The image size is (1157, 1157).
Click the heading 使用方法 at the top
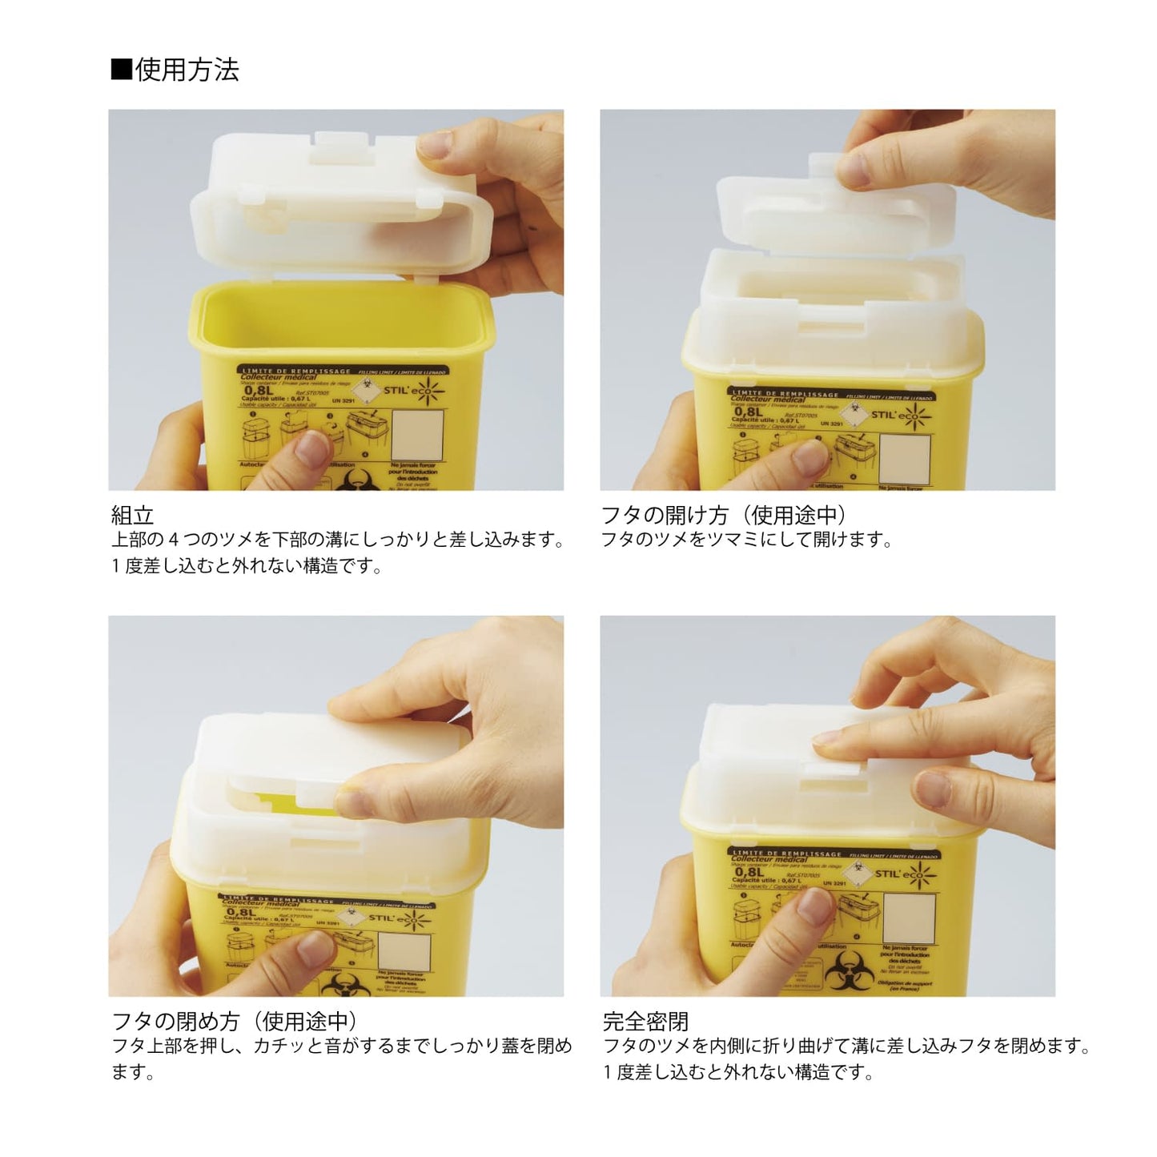(x=187, y=70)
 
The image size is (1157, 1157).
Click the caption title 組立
(x=132, y=515)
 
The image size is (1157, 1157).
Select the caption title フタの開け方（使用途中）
(x=724, y=515)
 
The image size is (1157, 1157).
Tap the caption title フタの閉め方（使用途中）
(x=234, y=1022)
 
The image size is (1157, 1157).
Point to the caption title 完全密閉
(x=645, y=1022)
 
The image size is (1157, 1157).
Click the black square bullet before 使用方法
(x=121, y=70)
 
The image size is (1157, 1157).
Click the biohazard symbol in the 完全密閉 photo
(x=841, y=970)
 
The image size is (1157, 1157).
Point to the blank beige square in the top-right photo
(x=905, y=459)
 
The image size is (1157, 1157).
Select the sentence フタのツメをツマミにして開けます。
(x=747, y=540)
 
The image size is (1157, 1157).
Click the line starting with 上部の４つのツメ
(x=338, y=540)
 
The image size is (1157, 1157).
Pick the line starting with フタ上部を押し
(x=342, y=1047)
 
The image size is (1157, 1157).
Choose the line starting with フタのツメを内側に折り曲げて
(x=847, y=1047)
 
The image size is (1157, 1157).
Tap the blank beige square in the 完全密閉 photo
(x=908, y=918)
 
